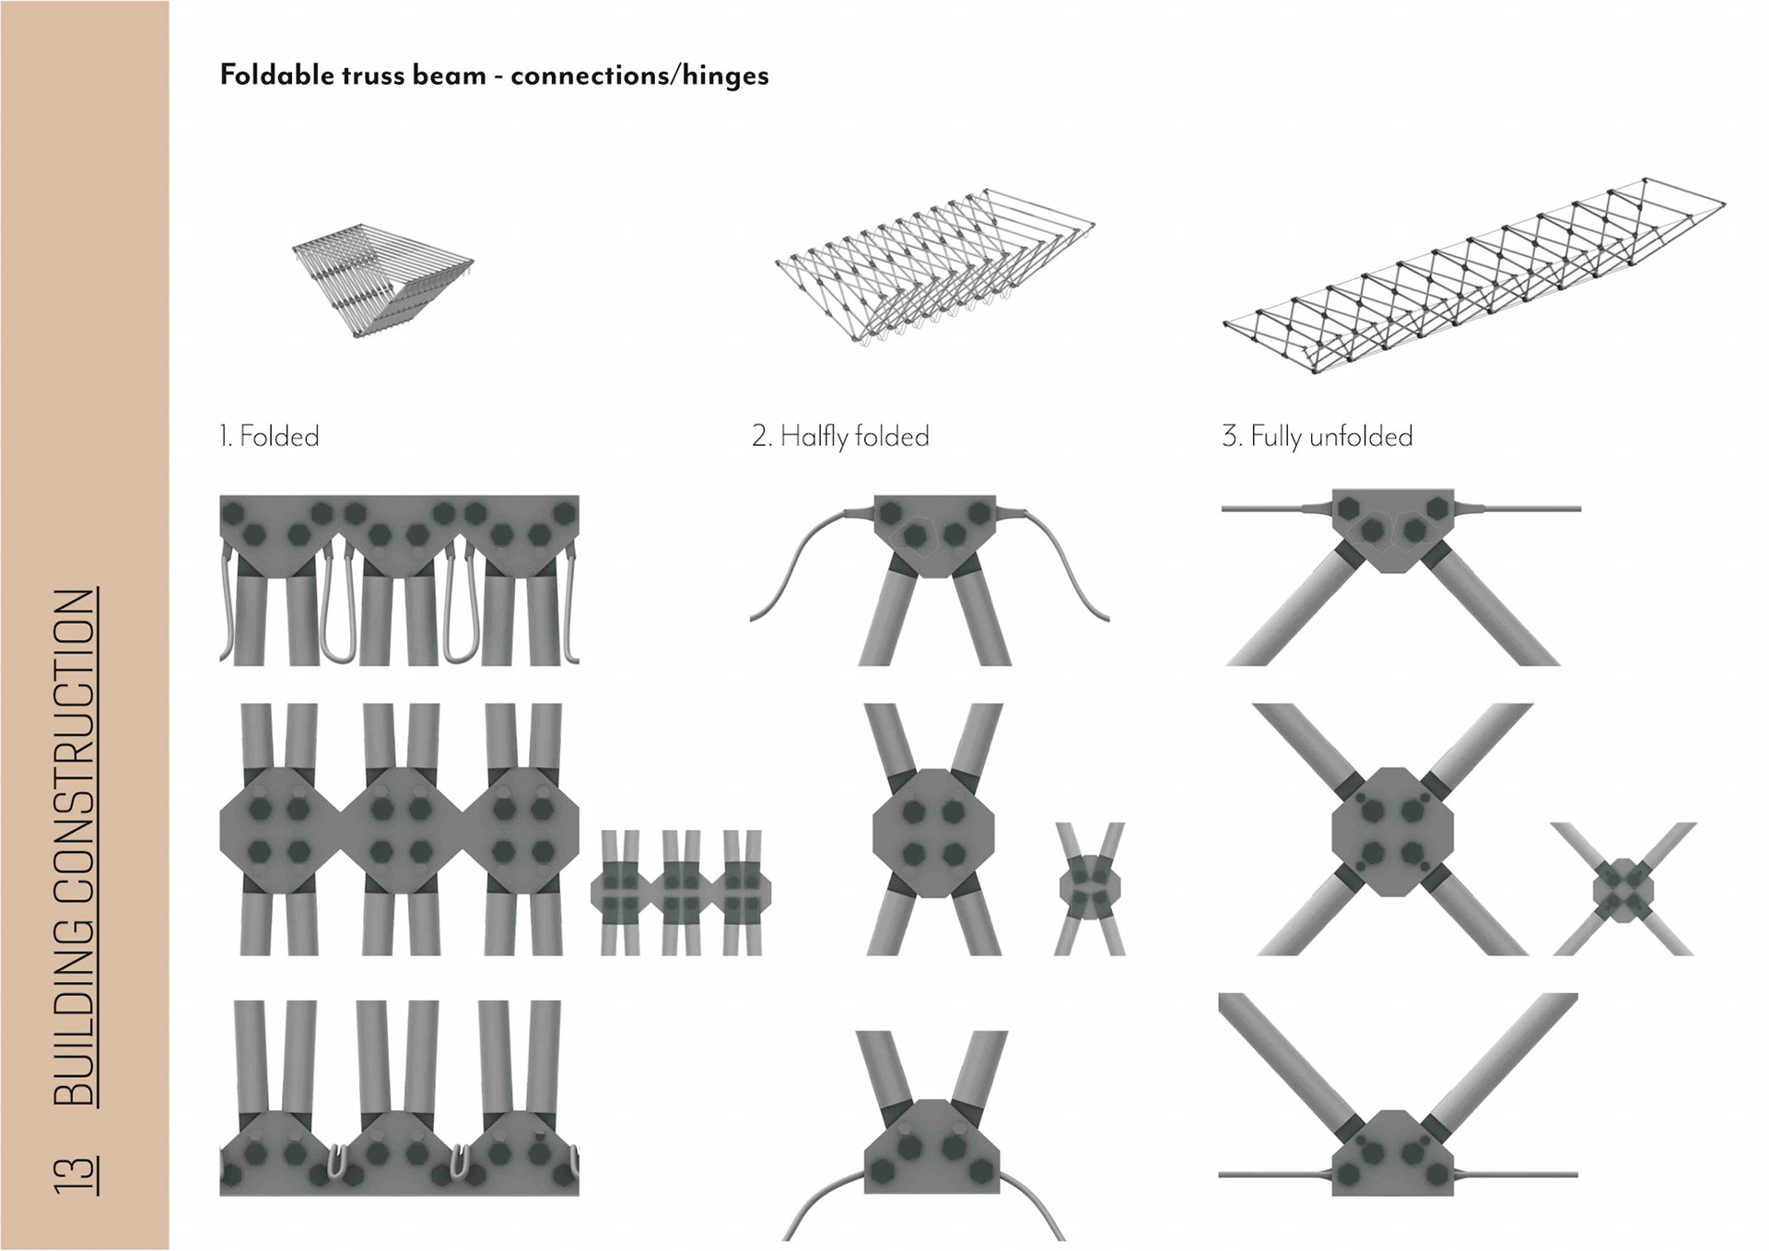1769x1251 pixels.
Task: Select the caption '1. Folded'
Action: (269, 436)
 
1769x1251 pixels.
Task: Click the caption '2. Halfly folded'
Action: (840, 436)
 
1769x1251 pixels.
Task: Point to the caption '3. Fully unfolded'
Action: (1317, 436)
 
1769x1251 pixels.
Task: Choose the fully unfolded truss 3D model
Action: (1474, 276)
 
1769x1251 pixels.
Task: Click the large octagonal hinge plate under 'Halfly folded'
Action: (933, 833)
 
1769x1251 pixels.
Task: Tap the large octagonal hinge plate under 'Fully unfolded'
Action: (1392, 832)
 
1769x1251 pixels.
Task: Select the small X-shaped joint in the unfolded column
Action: (1623, 890)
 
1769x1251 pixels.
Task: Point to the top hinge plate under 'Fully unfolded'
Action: (1392, 528)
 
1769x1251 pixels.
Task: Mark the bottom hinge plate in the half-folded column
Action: (932, 1148)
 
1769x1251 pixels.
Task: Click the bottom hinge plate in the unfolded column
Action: (1392, 1155)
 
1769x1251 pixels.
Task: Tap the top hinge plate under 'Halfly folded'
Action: (934, 534)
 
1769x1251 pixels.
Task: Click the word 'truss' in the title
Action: (372, 75)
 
